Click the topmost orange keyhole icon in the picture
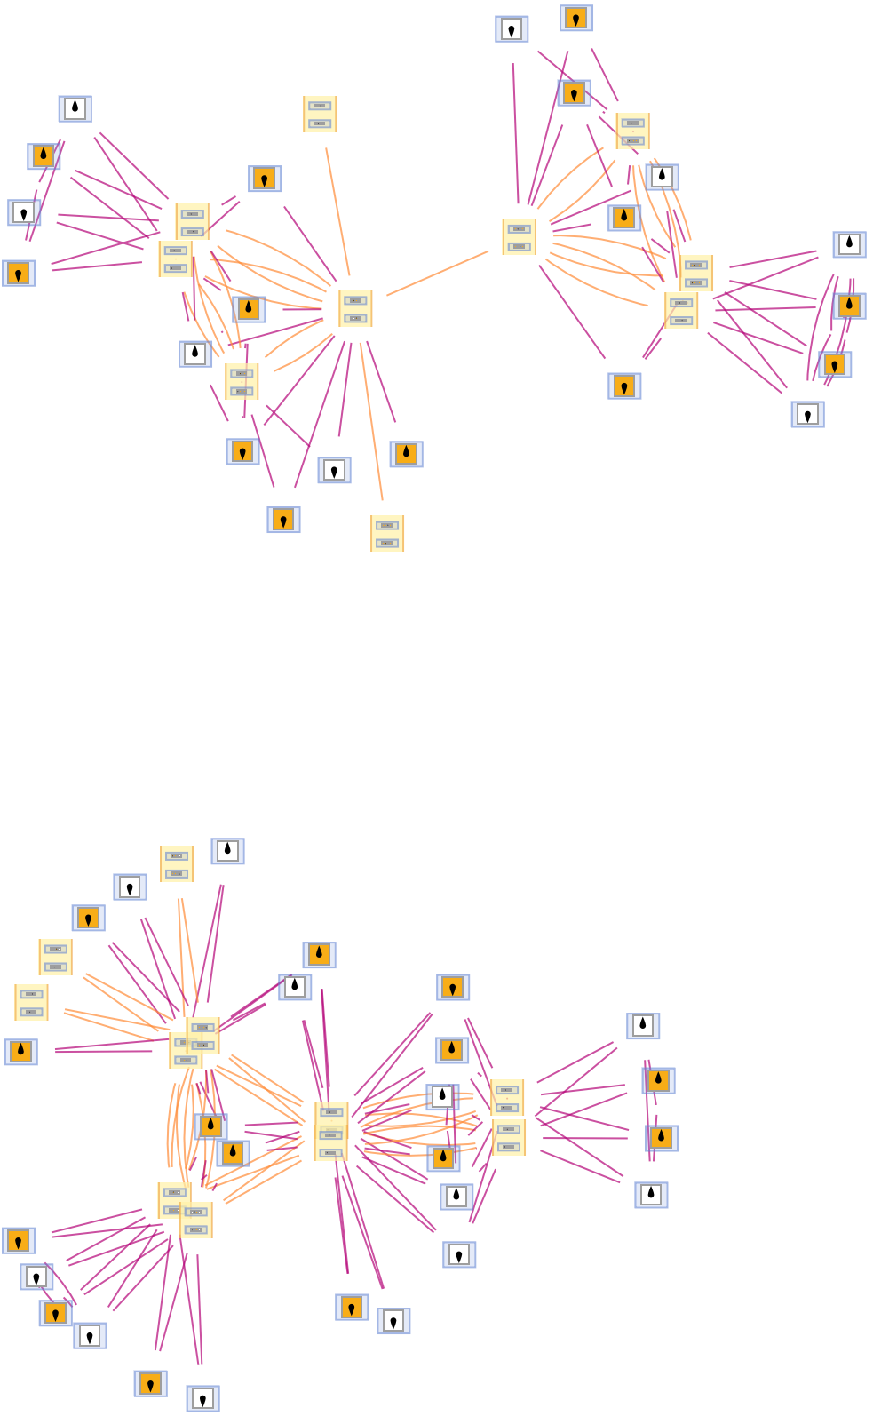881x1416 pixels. (x=576, y=19)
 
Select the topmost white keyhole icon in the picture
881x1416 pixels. (x=512, y=29)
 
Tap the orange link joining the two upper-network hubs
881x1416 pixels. (x=437, y=274)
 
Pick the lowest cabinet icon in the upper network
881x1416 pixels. (x=387, y=533)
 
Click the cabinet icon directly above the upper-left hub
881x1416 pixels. (x=320, y=115)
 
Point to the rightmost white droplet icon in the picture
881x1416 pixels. (x=849, y=244)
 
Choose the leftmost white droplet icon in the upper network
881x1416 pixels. (x=75, y=109)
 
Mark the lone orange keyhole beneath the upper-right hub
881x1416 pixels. (x=624, y=386)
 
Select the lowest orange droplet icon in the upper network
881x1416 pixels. (x=406, y=454)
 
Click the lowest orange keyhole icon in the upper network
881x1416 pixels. (x=283, y=520)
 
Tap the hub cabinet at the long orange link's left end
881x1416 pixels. (x=355, y=309)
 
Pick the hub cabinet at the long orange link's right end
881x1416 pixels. (x=519, y=237)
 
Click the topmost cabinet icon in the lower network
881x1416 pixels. (x=177, y=863)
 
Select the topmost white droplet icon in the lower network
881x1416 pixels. (x=227, y=851)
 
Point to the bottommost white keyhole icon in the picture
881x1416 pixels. (x=202, y=1399)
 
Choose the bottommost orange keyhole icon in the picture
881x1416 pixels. (x=150, y=1384)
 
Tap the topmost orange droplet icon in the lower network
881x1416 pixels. (x=319, y=955)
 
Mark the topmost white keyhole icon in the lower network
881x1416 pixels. (x=130, y=887)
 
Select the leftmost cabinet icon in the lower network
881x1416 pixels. (x=31, y=1002)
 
